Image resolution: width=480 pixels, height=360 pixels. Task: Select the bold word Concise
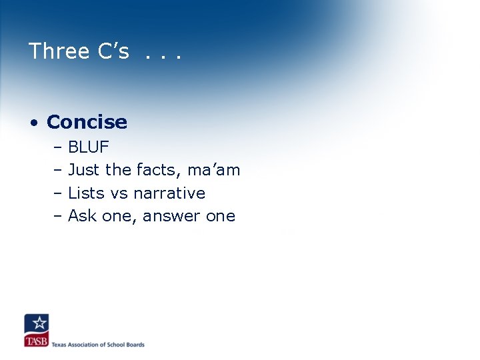click(87, 122)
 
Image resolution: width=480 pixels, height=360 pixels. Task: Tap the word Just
click(83, 170)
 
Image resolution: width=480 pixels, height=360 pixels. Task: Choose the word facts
click(158, 170)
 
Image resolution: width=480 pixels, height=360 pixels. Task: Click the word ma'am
click(213, 170)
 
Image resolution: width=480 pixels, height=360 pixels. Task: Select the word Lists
click(85, 193)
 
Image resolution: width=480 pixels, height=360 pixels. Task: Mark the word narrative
click(169, 193)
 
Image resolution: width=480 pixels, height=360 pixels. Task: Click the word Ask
click(81, 215)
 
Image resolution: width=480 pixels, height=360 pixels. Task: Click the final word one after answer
click(221, 217)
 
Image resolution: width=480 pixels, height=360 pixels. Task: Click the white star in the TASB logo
click(39, 323)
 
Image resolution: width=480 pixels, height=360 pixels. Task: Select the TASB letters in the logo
click(36, 341)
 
